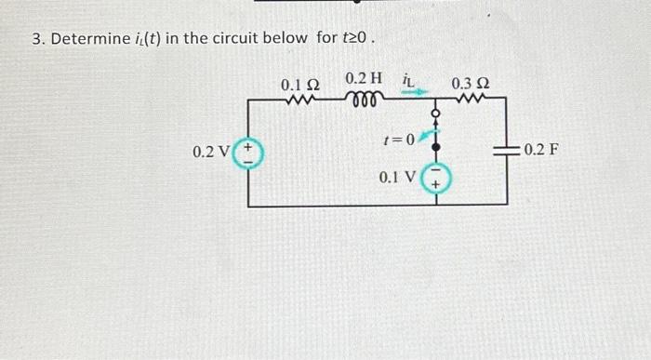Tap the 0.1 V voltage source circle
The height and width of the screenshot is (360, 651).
point(433,178)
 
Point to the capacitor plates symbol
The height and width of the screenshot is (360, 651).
point(508,149)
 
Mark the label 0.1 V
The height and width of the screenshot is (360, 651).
point(397,177)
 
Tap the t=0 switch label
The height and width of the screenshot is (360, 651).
point(399,140)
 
